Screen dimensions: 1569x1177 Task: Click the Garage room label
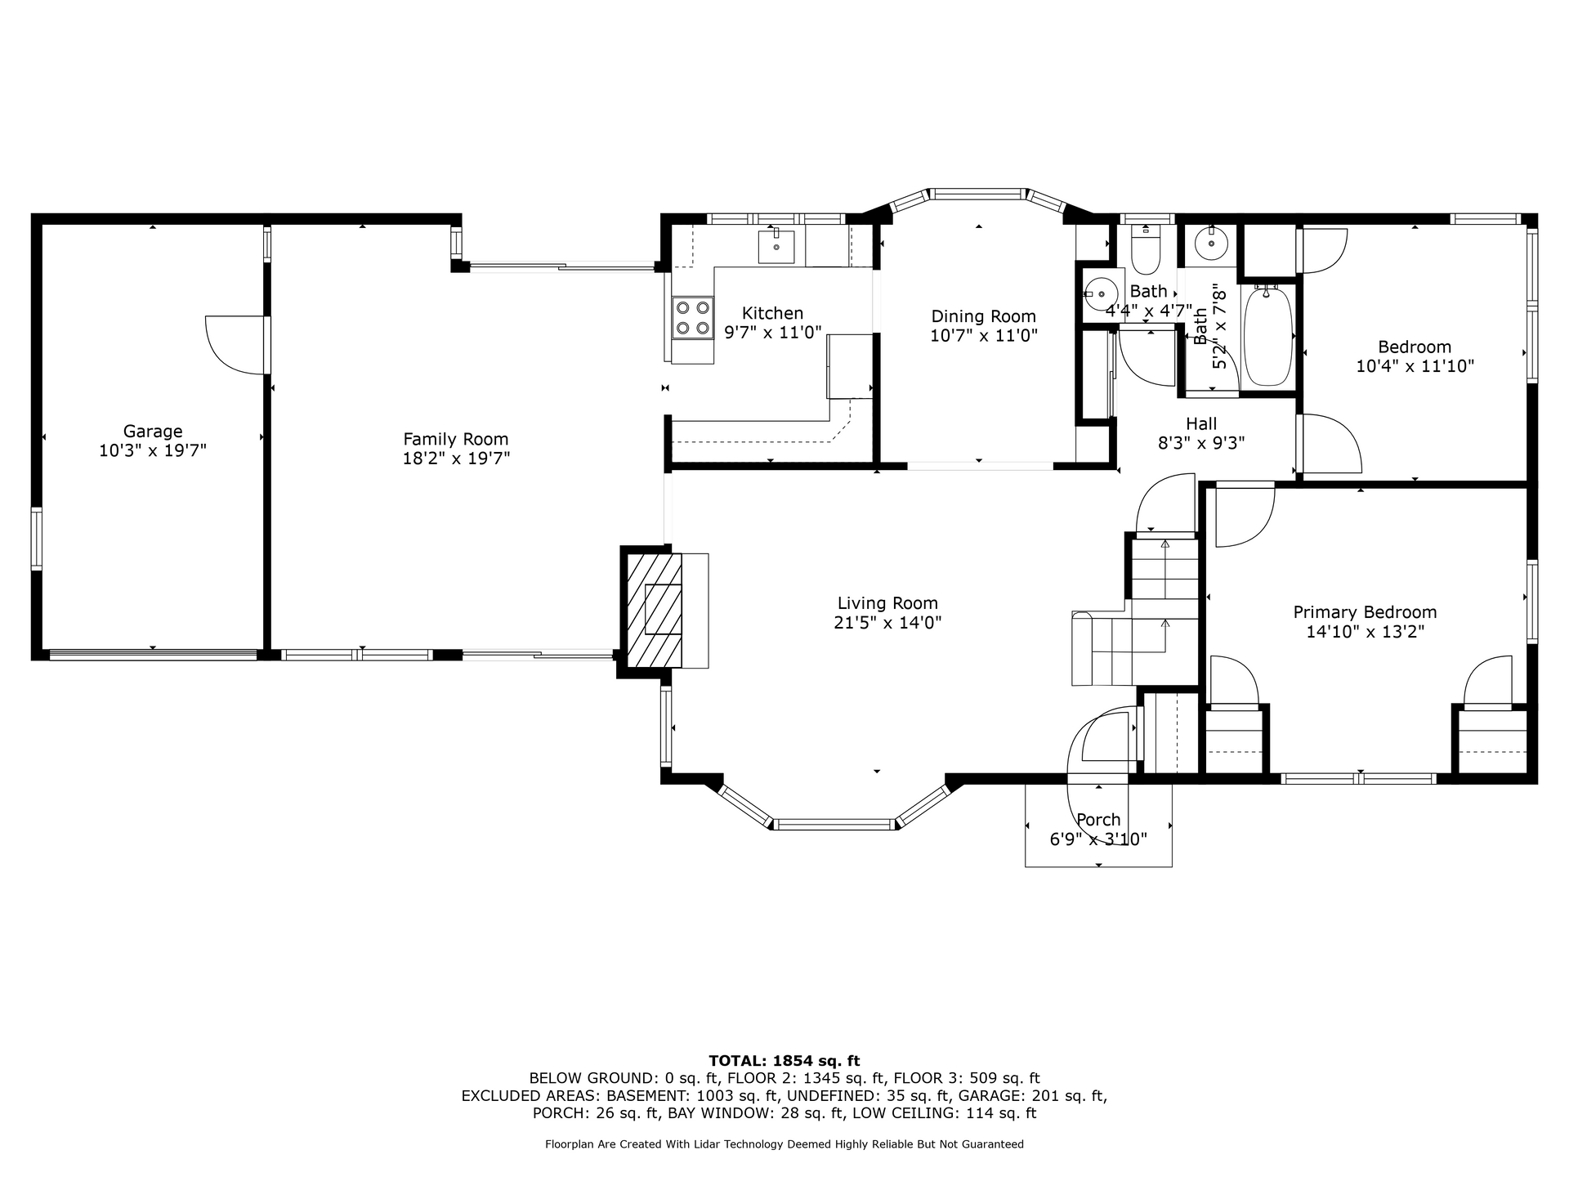pyautogui.click(x=153, y=431)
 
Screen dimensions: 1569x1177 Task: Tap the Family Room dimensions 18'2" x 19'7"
pyautogui.click(x=456, y=459)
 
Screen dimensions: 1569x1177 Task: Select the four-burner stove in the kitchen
pyautogui.click(x=691, y=318)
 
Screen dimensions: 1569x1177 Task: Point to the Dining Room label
pyautogui.click(x=984, y=316)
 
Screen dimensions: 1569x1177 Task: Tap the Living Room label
pyautogui.click(x=887, y=603)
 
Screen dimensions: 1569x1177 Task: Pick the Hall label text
pyautogui.click(x=1201, y=423)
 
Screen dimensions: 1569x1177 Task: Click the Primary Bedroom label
pyautogui.click(x=1365, y=612)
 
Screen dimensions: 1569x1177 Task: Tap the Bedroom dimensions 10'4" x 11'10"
pyautogui.click(x=1415, y=366)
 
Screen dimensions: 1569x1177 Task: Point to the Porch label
pyautogui.click(x=1098, y=820)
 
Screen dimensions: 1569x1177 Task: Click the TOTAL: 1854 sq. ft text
pyautogui.click(x=784, y=1061)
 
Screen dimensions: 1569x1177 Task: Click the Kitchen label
pyautogui.click(x=772, y=313)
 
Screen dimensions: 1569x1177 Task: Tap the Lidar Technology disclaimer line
pyautogui.click(x=784, y=1144)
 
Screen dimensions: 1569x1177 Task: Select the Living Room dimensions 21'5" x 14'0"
pyautogui.click(x=887, y=623)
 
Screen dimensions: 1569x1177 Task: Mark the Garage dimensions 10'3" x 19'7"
pyautogui.click(x=153, y=450)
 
